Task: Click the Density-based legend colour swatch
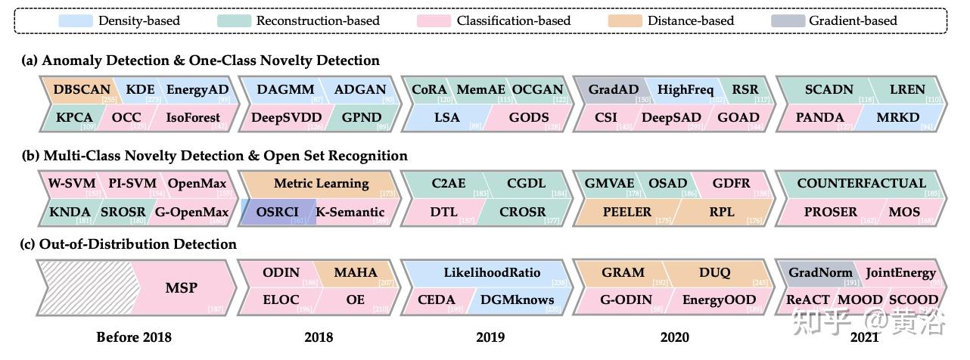(x=76, y=20)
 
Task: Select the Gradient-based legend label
(x=853, y=20)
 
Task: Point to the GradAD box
(x=613, y=89)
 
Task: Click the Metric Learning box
(x=322, y=183)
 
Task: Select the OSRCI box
(x=277, y=212)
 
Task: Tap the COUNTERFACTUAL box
(x=861, y=183)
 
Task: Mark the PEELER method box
(x=626, y=212)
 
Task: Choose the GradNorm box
(x=820, y=272)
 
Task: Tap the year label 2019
(x=490, y=337)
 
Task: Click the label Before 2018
(x=134, y=337)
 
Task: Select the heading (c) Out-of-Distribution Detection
(x=129, y=244)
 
